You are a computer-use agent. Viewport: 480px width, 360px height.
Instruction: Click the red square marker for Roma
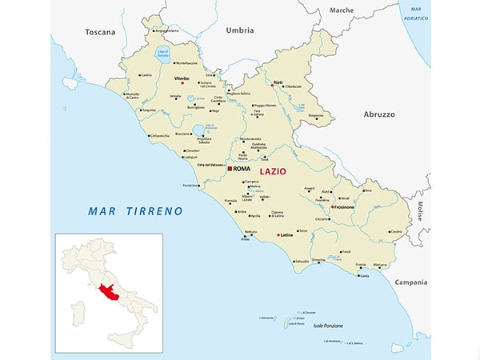click(230, 169)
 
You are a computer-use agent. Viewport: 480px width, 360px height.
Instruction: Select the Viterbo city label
click(182, 78)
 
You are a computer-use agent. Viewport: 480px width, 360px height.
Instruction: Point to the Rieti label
click(278, 82)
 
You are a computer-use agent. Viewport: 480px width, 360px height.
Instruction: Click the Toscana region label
click(100, 32)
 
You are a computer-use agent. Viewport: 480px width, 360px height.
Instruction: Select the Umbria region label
click(239, 30)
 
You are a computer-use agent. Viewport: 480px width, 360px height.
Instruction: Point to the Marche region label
click(342, 10)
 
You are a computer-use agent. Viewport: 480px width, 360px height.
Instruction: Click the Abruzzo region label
click(379, 114)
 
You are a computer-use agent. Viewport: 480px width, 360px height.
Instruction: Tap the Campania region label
click(410, 282)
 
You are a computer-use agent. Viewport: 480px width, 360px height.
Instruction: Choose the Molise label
click(418, 210)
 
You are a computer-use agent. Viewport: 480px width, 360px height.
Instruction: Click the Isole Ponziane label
click(328, 326)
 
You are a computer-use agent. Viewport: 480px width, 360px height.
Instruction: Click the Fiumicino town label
click(190, 186)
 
